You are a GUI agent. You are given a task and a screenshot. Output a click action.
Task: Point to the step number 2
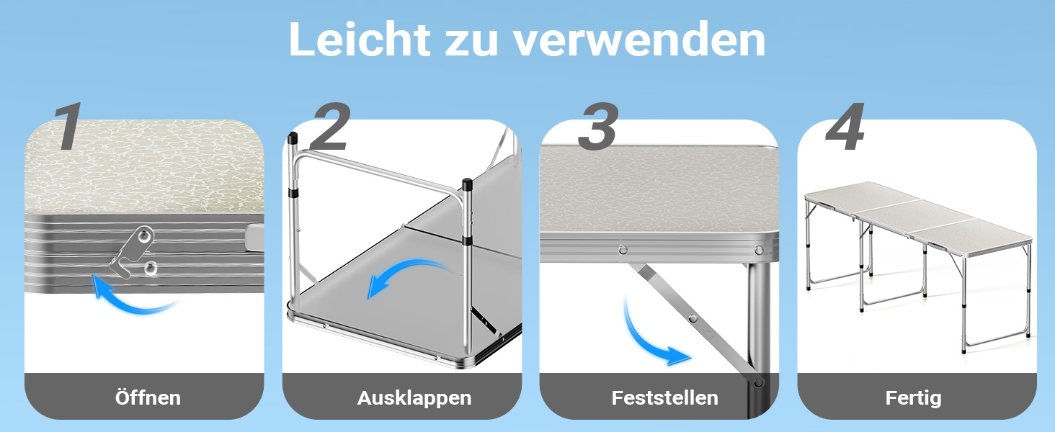click(x=331, y=126)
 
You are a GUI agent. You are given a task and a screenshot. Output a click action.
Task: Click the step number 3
click(x=598, y=126)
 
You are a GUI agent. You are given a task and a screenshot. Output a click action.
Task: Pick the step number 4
click(x=845, y=126)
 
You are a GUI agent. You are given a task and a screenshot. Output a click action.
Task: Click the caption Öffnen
click(x=148, y=397)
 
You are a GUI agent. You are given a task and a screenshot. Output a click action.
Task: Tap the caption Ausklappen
click(x=414, y=398)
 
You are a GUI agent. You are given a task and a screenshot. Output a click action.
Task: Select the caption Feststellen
click(x=664, y=397)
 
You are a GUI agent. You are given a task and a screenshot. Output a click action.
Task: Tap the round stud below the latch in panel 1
click(x=151, y=269)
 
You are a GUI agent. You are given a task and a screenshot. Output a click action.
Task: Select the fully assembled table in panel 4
click(x=918, y=264)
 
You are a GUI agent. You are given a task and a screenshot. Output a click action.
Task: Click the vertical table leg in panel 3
click(x=758, y=340)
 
